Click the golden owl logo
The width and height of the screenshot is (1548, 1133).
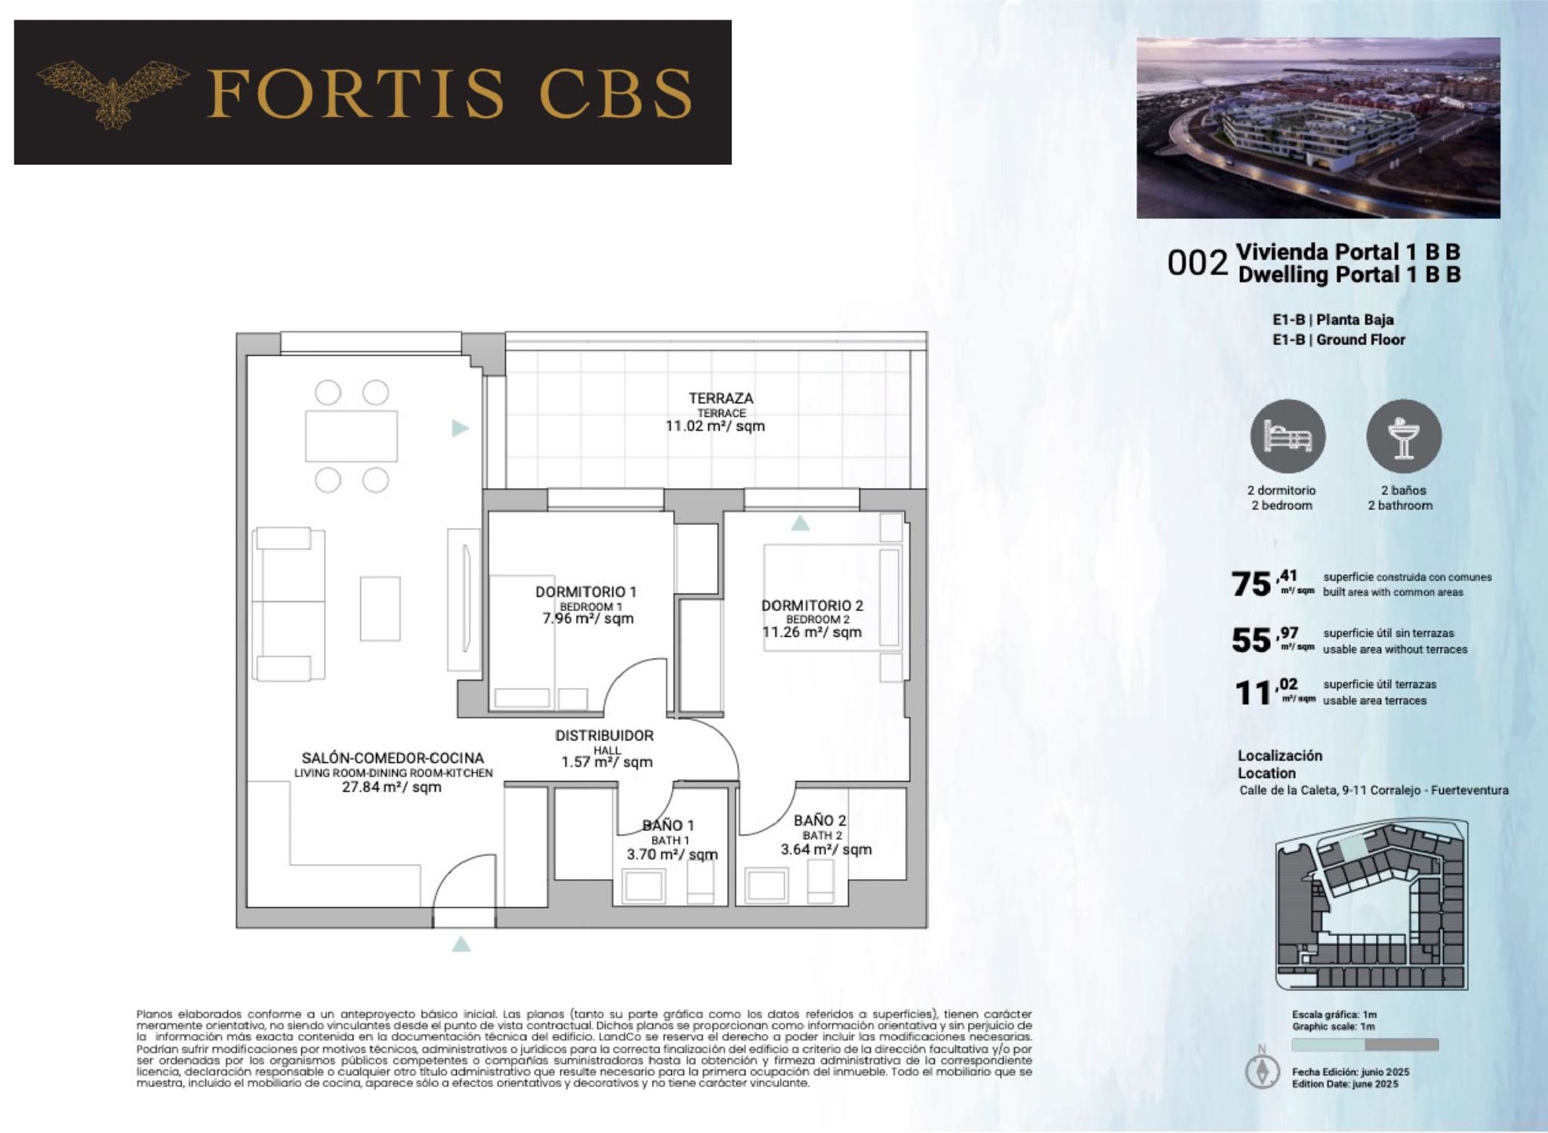(113, 94)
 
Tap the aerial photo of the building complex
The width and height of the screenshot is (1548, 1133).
(1318, 128)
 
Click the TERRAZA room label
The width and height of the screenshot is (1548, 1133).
(720, 398)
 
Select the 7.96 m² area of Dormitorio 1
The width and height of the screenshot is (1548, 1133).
(587, 619)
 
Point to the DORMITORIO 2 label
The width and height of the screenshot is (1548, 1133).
(812, 605)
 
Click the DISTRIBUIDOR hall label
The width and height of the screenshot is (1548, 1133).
(604, 735)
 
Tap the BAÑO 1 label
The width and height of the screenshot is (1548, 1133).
(668, 826)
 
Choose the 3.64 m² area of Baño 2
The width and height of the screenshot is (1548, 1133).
(826, 849)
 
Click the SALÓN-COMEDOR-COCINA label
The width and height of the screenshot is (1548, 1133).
(393, 758)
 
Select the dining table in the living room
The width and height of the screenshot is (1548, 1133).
(351, 436)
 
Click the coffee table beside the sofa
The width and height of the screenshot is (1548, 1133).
(380, 609)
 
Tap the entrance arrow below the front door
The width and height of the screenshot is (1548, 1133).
(461, 944)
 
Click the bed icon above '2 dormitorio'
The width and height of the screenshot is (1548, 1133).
(1287, 437)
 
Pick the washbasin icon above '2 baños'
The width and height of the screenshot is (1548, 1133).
(1404, 437)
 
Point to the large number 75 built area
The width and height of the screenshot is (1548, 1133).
(1251, 584)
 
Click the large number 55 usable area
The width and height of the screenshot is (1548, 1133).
(1251, 641)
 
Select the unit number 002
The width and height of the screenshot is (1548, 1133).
(1198, 263)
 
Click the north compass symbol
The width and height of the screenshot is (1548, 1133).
(1262, 1070)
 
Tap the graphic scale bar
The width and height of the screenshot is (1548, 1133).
(1365, 1045)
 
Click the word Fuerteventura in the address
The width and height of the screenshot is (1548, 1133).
(1469, 790)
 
